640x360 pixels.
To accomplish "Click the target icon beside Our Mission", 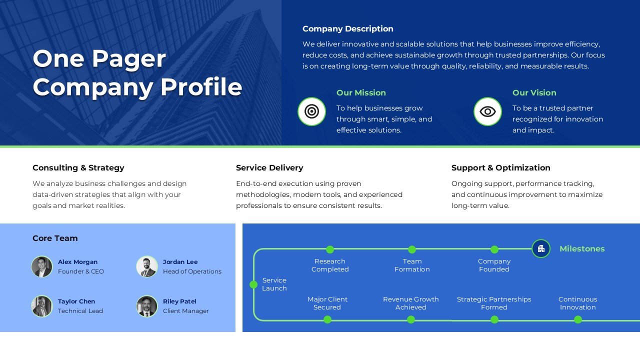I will coord(311,111).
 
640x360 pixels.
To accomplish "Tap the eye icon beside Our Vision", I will coord(487,111).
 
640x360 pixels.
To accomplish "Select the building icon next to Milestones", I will coord(541,248).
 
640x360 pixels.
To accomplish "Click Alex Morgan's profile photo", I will coord(42,266).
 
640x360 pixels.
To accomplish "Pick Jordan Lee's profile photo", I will coord(147,266).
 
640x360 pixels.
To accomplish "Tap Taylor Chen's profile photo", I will coord(42,306).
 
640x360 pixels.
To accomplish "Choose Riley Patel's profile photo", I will coord(147,306).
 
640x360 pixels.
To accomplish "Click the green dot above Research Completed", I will coord(330,249).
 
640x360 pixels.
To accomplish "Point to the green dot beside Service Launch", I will coord(253,284).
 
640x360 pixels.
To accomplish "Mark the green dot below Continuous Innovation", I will coord(578,319).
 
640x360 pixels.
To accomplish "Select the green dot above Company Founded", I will coord(494,249).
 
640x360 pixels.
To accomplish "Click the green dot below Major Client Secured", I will coord(327,319).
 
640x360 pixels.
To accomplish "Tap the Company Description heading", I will coord(348,29).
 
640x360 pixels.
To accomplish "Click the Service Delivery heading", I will coord(269,168).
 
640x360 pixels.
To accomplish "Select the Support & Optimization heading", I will coord(500,168).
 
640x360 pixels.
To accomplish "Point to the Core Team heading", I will coord(55,238).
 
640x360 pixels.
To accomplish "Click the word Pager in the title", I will coord(128,59).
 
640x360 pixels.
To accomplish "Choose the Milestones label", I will coord(582,249).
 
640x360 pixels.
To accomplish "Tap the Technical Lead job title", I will coord(80,311).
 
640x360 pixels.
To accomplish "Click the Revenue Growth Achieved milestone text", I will coord(411,303).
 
